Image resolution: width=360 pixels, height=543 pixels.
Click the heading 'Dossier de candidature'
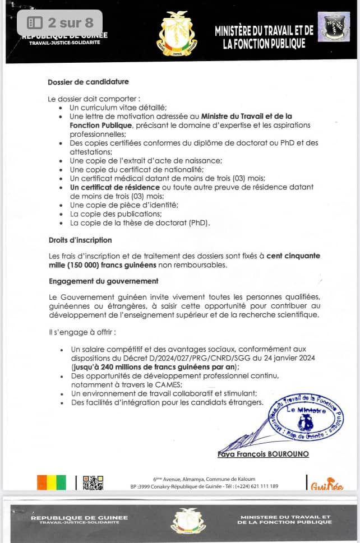click(88, 82)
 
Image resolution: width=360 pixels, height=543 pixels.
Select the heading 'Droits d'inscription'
click(80, 240)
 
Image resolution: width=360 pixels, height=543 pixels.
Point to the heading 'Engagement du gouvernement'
click(103, 281)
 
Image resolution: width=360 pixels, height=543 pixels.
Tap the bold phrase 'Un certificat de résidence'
click(114, 187)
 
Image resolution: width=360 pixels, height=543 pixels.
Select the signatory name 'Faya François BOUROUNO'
click(263, 453)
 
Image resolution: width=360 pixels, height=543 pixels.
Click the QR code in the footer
click(93, 483)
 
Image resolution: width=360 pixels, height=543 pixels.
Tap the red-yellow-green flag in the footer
click(51, 482)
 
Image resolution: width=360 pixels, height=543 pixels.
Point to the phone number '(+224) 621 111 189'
click(256, 486)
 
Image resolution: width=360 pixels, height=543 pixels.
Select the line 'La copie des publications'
click(116, 214)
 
